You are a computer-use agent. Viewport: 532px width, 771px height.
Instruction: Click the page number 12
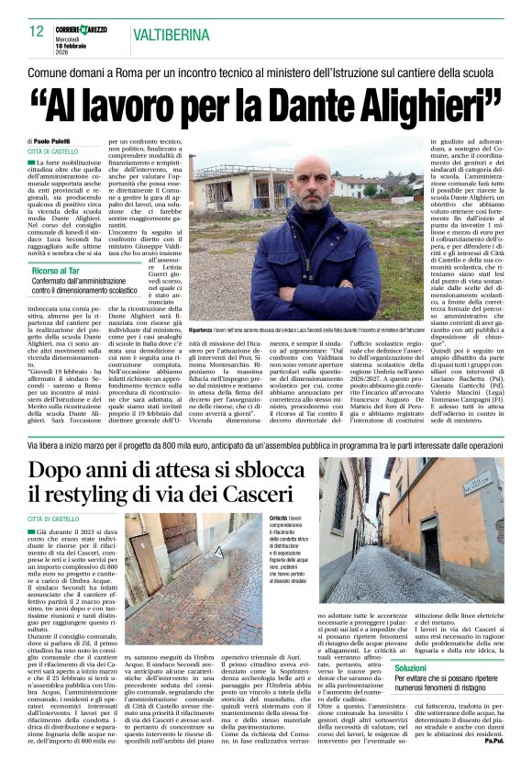click(36, 30)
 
